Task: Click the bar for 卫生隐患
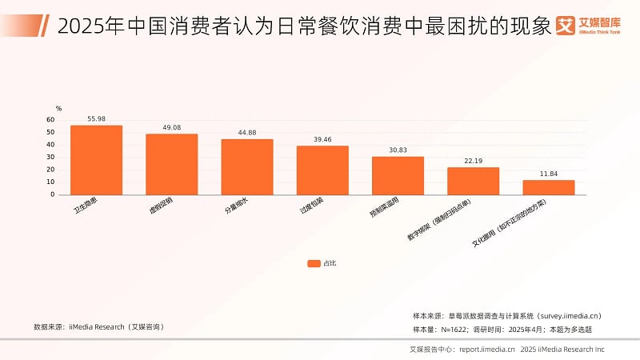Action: (x=96, y=160)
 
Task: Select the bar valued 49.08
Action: (x=171, y=164)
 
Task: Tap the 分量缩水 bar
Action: (x=247, y=166)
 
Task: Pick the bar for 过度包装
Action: (x=322, y=170)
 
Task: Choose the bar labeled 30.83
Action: (x=398, y=175)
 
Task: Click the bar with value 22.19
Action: (x=473, y=181)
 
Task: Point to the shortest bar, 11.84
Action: (x=549, y=187)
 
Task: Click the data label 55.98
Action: (x=97, y=119)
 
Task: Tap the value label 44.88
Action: (x=247, y=133)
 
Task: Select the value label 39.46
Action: (x=322, y=139)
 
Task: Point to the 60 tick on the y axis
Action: (x=51, y=120)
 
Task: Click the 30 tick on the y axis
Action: (x=51, y=157)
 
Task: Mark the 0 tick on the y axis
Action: (x=53, y=194)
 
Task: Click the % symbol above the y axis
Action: (x=58, y=108)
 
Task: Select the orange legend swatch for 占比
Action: (x=314, y=262)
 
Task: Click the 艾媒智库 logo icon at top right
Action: (x=566, y=25)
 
